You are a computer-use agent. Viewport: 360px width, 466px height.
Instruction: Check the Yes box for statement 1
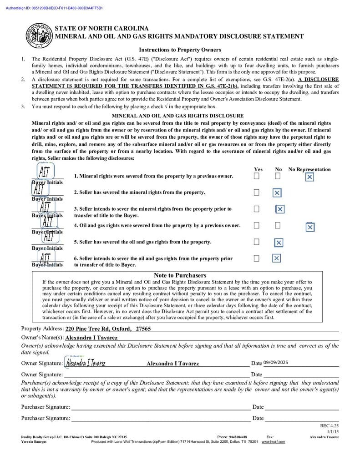pos(257,176)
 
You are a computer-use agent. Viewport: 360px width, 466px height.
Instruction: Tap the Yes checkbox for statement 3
pos(257,209)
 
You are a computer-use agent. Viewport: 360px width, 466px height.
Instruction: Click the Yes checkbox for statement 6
pos(257,258)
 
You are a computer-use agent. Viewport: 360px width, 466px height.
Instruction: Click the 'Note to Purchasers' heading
pos(180,275)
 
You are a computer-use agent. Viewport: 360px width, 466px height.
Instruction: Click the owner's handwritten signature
pos(86,363)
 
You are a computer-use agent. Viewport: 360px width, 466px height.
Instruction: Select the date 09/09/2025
pos(276,363)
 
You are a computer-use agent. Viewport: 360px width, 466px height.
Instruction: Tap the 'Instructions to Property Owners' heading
pos(180,50)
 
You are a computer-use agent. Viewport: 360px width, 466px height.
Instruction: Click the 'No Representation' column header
pos(309,169)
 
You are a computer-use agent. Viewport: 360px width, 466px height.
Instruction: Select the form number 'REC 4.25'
pos(330,426)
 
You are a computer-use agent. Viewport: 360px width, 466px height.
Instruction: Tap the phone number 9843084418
pos(238,437)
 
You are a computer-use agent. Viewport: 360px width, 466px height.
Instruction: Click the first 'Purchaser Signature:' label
pos(46,407)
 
